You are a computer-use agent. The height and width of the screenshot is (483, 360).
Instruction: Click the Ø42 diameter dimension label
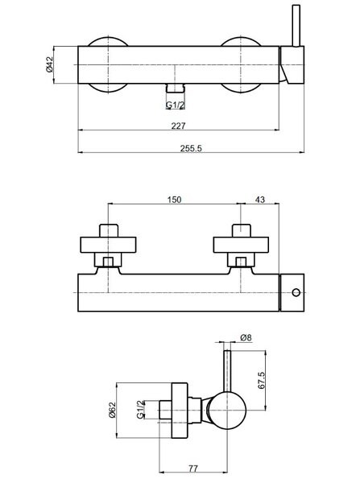(50, 64)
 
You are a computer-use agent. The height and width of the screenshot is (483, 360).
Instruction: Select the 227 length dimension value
(179, 126)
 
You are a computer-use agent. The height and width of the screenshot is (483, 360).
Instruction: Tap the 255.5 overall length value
(191, 148)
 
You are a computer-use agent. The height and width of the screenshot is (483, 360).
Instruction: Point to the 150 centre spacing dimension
(175, 200)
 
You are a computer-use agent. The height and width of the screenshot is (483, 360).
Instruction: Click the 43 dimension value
(260, 200)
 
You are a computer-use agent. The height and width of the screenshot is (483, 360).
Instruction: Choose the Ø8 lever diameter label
(246, 337)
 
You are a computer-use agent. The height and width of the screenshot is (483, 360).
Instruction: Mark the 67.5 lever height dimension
(261, 381)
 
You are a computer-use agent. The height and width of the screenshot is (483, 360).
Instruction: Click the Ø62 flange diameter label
(112, 410)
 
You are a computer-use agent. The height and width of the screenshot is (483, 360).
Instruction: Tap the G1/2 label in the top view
(176, 105)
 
